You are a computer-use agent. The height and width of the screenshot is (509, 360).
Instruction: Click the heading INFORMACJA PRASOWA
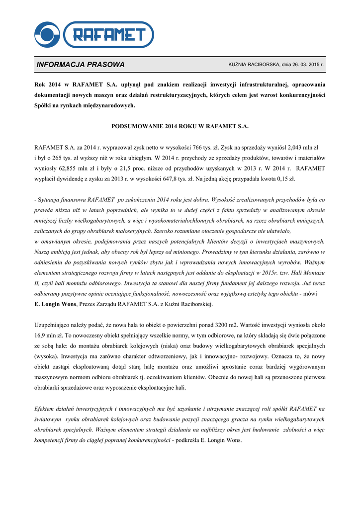tap(81, 65)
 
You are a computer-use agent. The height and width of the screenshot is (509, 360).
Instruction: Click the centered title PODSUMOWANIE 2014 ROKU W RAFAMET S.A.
tap(180, 126)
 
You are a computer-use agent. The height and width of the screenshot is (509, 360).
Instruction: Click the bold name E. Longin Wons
tap(55, 304)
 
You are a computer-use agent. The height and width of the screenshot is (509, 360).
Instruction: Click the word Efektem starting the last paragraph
tap(46, 409)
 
